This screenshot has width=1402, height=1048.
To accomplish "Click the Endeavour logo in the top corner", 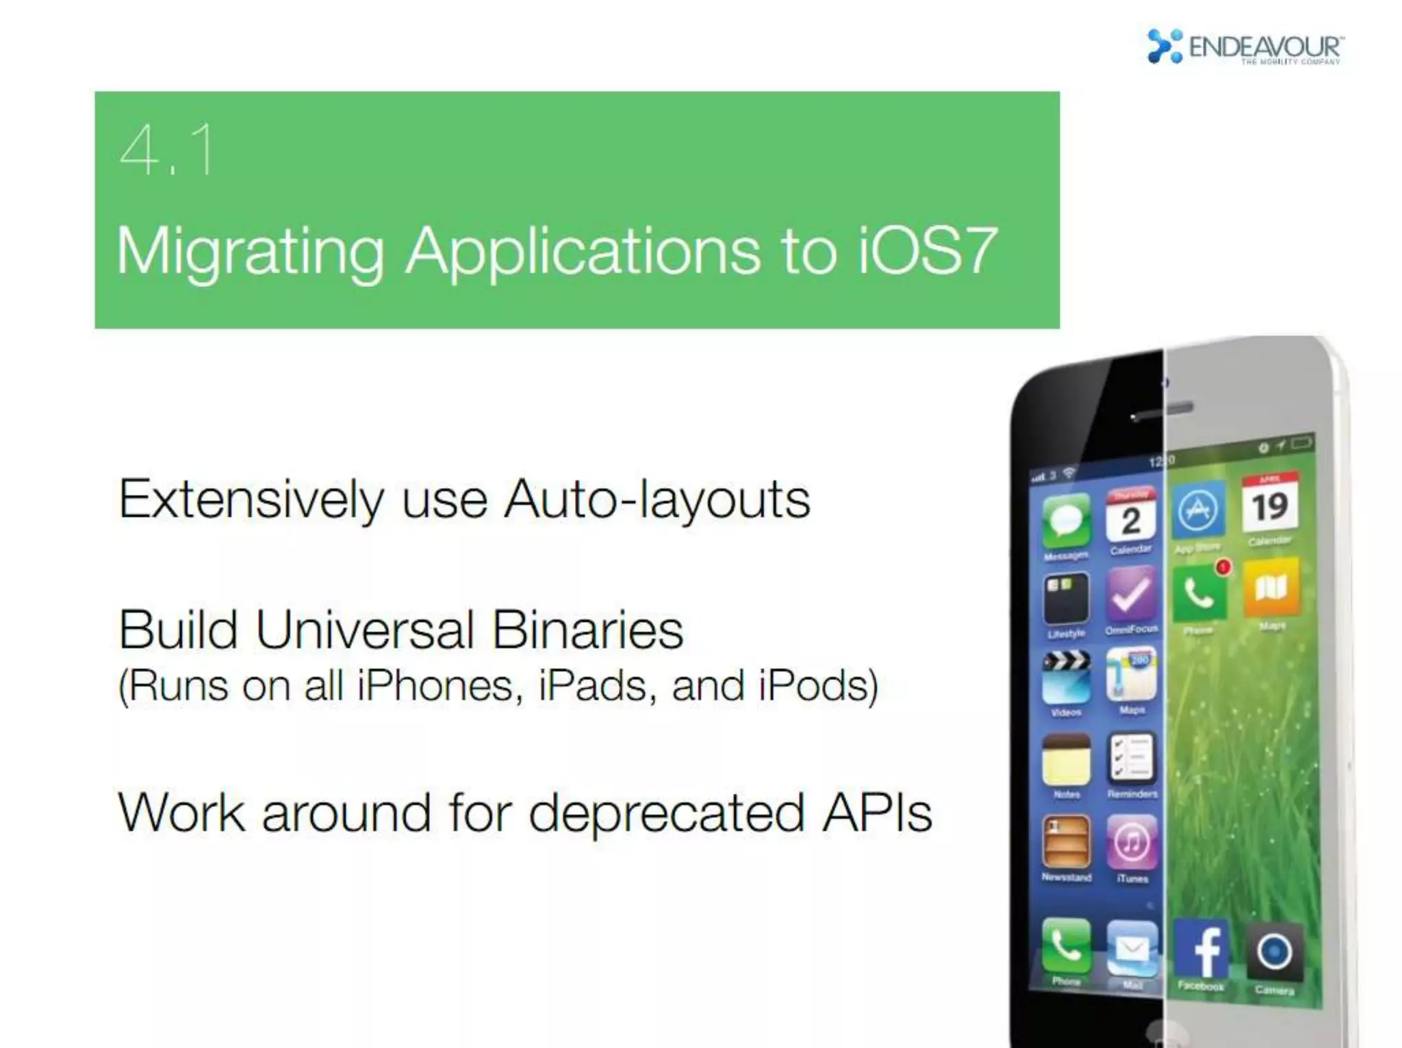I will click(x=1245, y=47).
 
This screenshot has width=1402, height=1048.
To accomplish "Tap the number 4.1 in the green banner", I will click(x=166, y=151).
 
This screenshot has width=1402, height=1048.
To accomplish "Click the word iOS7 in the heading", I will click(x=927, y=251).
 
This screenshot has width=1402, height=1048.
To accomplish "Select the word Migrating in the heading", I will click(x=251, y=252).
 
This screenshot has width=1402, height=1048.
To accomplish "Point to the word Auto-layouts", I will click(x=657, y=500).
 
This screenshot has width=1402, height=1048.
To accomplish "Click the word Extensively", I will click(x=251, y=500).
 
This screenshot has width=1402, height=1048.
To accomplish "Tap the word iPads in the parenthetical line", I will click(x=592, y=686).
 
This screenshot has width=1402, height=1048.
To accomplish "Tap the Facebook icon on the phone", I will click(x=1202, y=950).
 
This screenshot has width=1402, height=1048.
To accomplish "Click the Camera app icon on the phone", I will click(x=1273, y=952).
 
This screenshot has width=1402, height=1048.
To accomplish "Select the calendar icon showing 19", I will click(x=1270, y=505).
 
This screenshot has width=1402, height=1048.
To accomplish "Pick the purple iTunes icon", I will click(x=1132, y=841).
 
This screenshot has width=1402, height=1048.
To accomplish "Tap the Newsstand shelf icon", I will click(x=1066, y=842).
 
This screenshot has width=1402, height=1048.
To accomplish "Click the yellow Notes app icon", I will click(x=1066, y=760).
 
